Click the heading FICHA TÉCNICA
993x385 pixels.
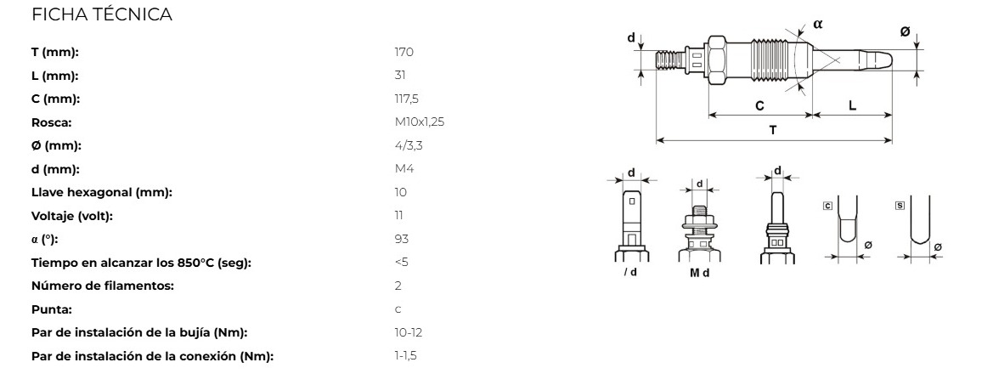[101, 14]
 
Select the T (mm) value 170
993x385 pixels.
[403, 52]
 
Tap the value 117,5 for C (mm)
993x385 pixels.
[406, 99]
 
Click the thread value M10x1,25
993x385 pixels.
[420, 122]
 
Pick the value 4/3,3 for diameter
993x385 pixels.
[409, 145]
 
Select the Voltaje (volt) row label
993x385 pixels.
[71, 216]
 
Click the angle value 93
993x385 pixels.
[402, 240]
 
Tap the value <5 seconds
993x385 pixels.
[401, 262]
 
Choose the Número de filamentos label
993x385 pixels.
[102, 286]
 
